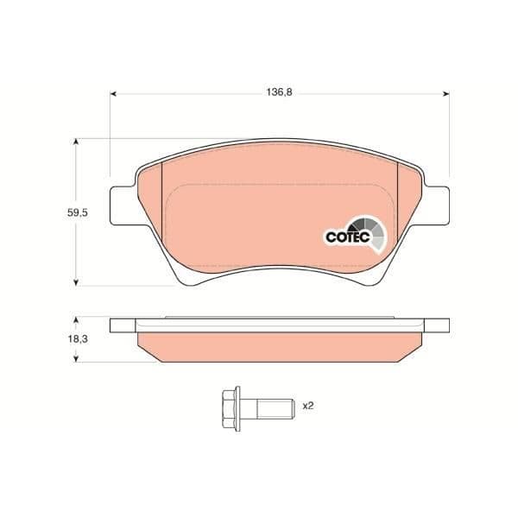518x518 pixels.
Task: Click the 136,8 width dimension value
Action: click(279, 92)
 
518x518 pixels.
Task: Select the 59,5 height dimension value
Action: click(78, 212)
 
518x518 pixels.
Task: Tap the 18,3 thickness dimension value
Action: click(78, 339)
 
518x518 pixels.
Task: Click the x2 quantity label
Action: click(308, 406)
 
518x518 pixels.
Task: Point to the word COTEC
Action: click(348, 237)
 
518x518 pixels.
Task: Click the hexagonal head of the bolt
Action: click(229, 409)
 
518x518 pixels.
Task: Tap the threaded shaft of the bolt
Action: click(275, 409)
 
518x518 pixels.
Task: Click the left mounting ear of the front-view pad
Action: click(123, 206)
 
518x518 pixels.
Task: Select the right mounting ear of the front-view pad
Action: click(437, 206)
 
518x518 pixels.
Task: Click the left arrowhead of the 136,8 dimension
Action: click(113, 94)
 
